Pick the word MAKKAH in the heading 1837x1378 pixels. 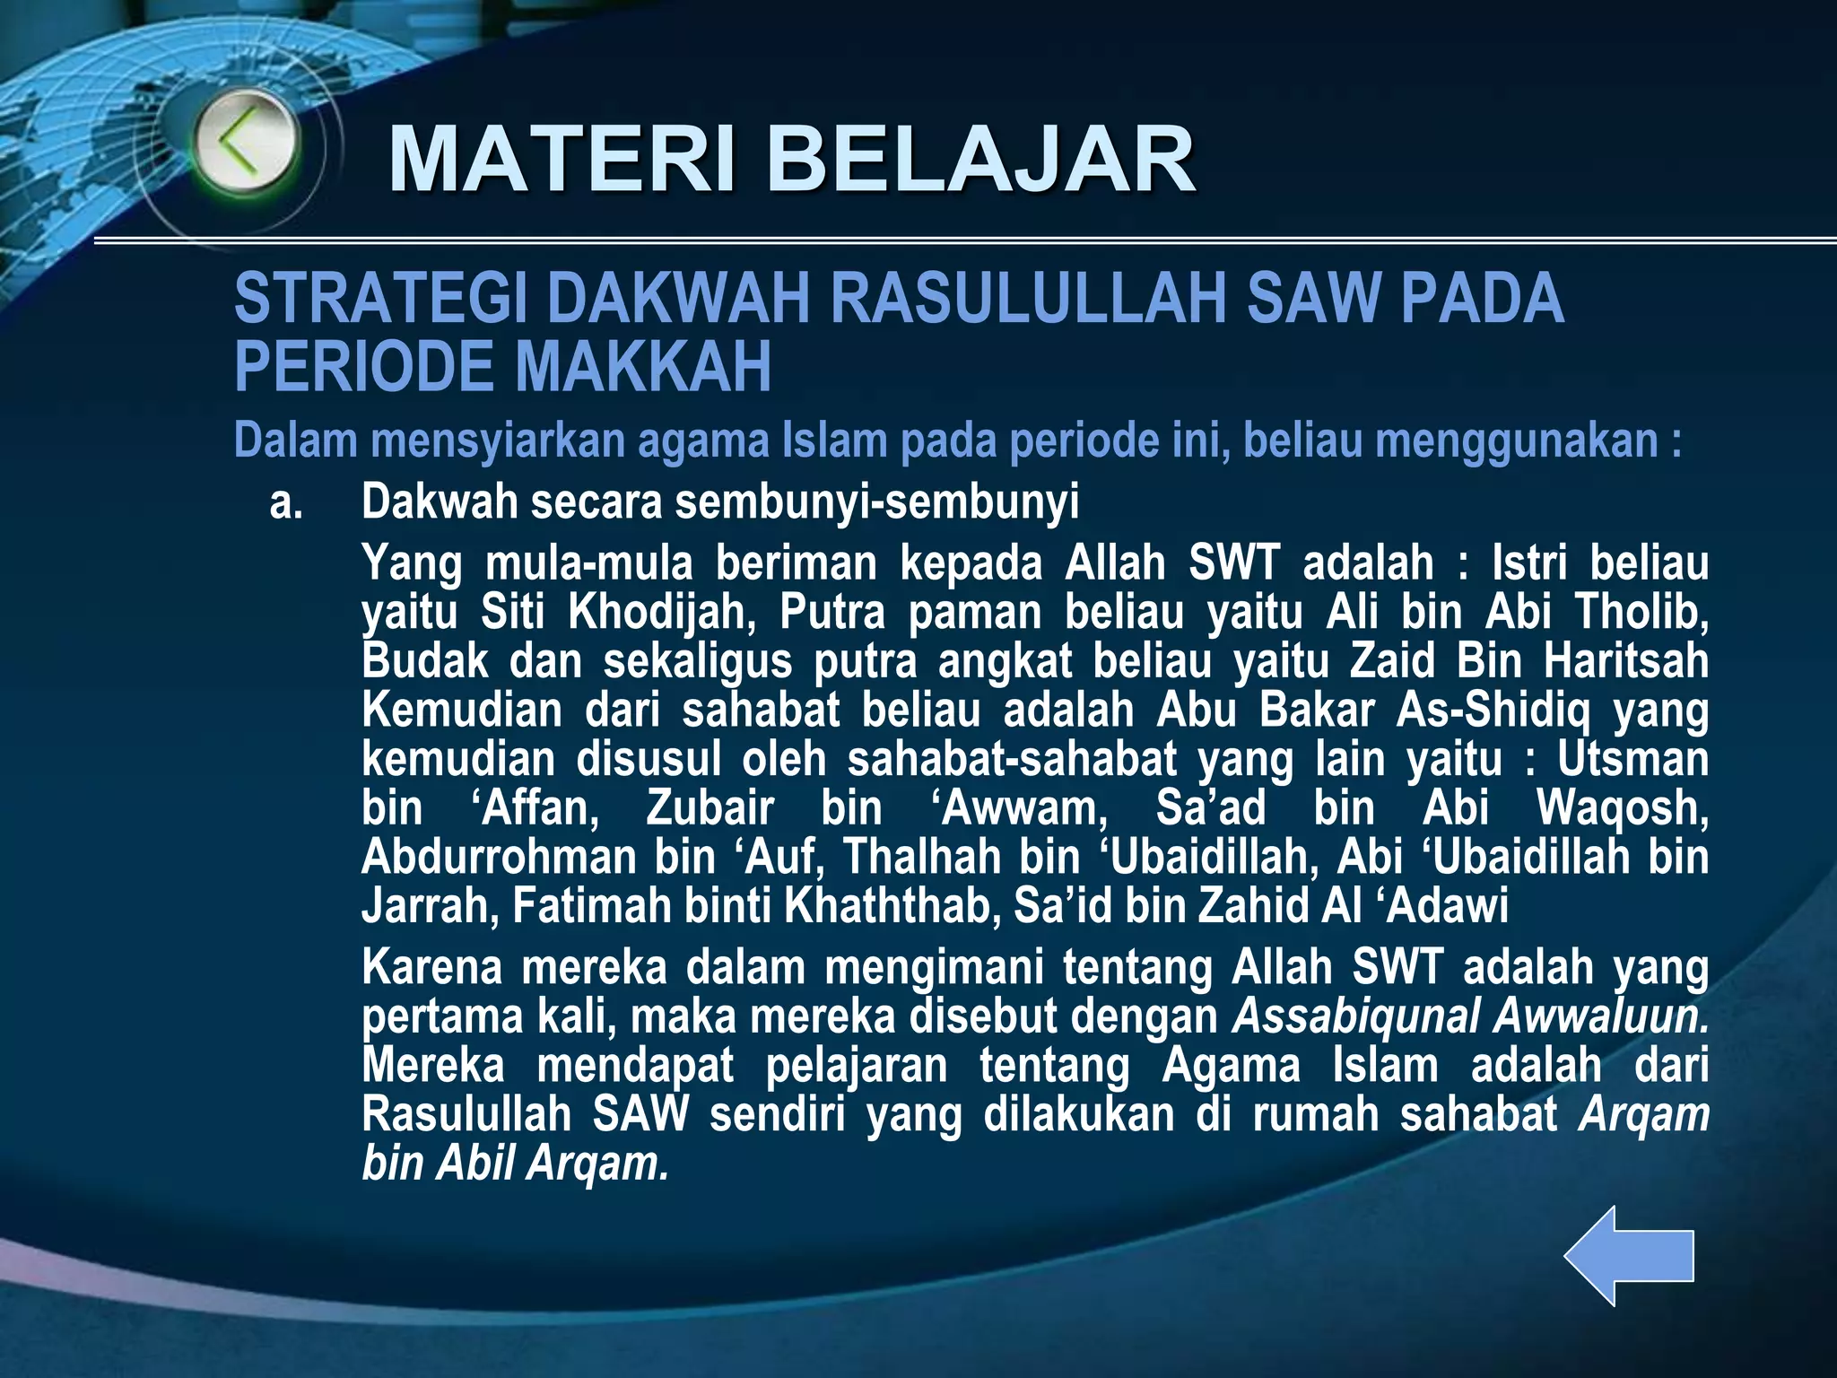(643, 367)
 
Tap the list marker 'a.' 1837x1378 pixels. (286, 503)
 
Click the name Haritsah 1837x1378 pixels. (1625, 661)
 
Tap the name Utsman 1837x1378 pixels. (1632, 759)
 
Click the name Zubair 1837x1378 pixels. (710, 807)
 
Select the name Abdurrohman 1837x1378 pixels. (499, 857)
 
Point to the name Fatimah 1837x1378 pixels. (592, 906)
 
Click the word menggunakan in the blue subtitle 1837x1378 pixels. (1516, 440)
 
